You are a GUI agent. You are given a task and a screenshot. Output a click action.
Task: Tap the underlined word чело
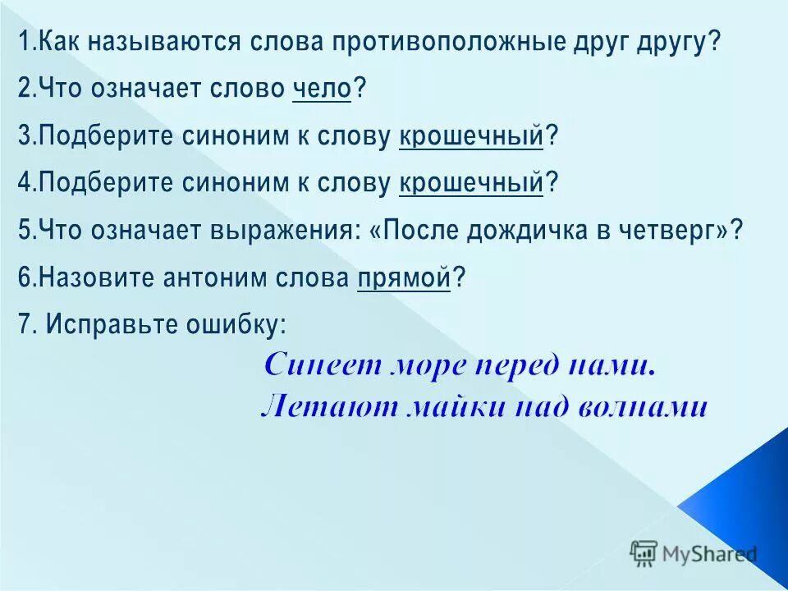pos(322,89)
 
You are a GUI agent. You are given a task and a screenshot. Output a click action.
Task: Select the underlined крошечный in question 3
pos(471,136)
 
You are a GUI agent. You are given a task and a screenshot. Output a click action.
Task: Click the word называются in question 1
pos(154,41)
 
